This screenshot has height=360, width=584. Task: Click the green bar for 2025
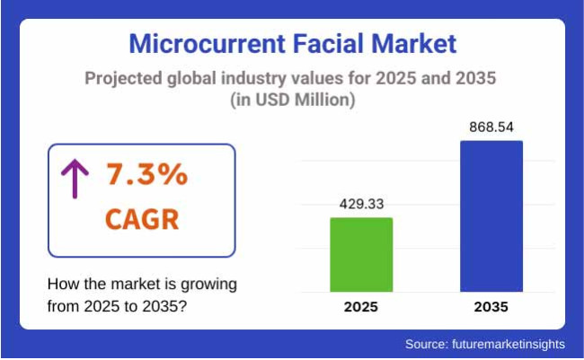coord(361,254)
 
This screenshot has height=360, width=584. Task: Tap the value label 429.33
coord(361,204)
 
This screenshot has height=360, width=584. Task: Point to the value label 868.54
coord(491,127)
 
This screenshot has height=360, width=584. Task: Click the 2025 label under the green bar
coord(361,307)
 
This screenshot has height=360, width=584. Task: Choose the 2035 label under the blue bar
coord(491,307)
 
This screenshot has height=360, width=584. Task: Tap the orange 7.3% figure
coord(146,176)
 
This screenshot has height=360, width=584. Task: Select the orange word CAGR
coord(142,218)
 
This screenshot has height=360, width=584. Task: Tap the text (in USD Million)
coord(292,101)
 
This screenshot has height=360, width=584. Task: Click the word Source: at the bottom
coord(425,344)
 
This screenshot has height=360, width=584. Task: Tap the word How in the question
coord(62,285)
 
